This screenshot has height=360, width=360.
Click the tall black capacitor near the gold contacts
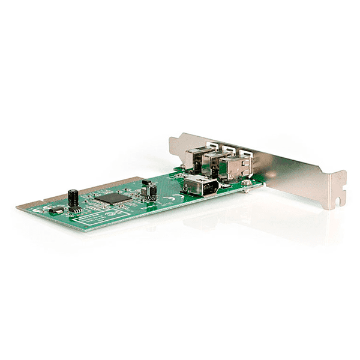point(73,197)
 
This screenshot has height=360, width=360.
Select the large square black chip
point(113,197)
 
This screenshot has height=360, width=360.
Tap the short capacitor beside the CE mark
point(152,191)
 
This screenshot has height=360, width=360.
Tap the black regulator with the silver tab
point(55,211)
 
